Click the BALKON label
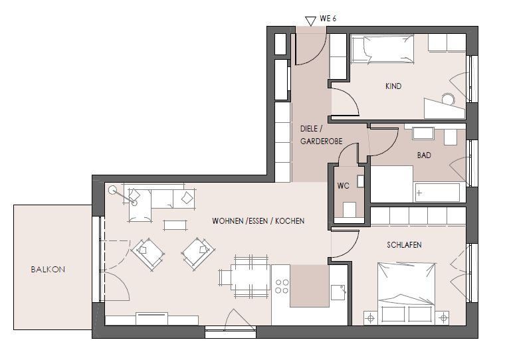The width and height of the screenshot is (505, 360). (48, 269)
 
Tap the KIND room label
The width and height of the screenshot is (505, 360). (393, 86)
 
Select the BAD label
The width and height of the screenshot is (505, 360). (424, 155)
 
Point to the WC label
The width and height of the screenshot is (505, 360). (343, 186)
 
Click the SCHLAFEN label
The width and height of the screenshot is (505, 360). (404, 244)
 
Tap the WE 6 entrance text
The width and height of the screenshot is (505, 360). (328, 19)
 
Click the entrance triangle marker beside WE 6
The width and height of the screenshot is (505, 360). (310, 21)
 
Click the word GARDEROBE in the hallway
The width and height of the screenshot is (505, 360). (321, 141)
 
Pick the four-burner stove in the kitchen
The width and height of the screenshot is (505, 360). (282, 286)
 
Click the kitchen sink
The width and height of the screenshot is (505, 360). (338, 292)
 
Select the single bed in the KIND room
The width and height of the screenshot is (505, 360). (383, 49)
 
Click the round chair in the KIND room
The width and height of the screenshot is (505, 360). (448, 99)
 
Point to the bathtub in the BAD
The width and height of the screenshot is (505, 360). (437, 193)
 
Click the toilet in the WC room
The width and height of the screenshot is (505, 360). (349, 210)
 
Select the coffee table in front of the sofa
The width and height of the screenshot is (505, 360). (175, 225)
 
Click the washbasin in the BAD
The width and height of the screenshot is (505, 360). (423, 134)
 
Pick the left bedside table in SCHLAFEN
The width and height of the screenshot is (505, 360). (371, 318)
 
